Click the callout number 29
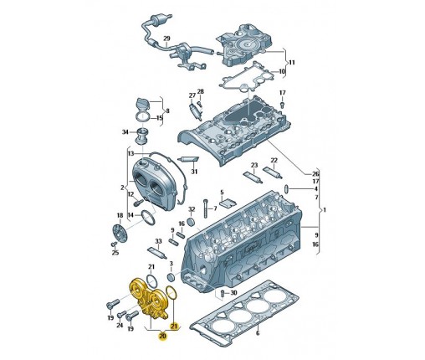pyautogui.click(x=166, y=38)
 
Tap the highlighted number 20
pyautogui.click(x=162, y=336)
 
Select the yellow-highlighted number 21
pyautogui.click(x=174, y=326)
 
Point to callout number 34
pyautogui.click(x=125, y=131)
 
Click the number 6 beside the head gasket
pyautogui.click(x=258, y=332)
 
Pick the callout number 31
pyautogui.click(x=194, y=172)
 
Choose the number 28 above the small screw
pyautogui.click(x=201, y=91)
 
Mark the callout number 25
pyautogui.click(x=115, y=253)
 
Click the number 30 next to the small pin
pyautogui.click(x=233, y=292)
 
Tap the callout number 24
pyautogui.click(x=120, y=325)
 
